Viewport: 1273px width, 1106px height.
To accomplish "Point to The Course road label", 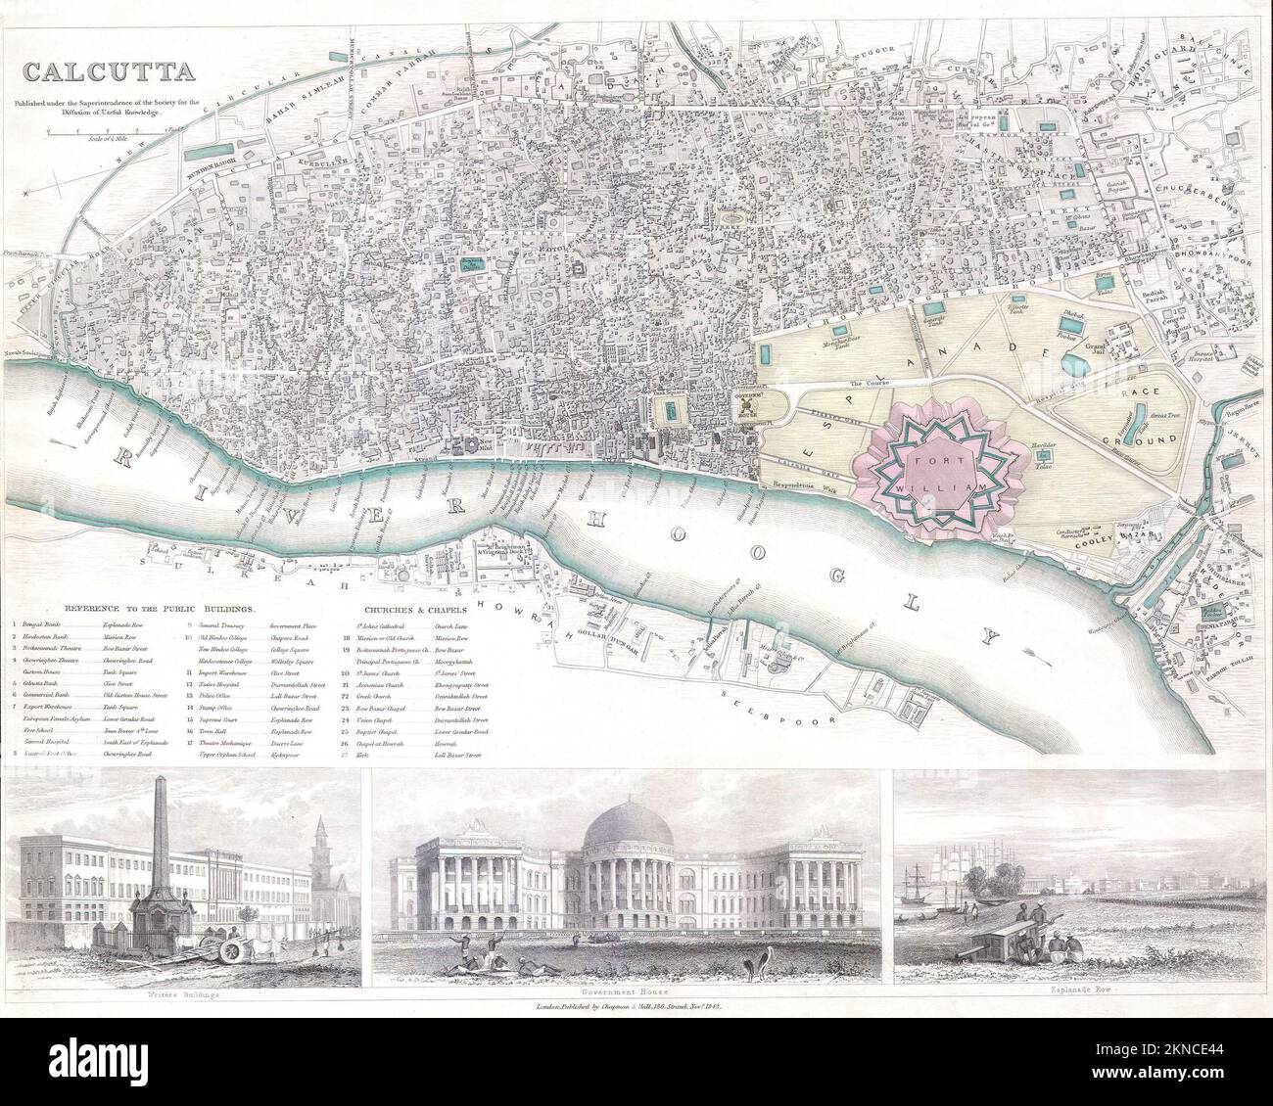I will pyautogui.click(x=867, y=383).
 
